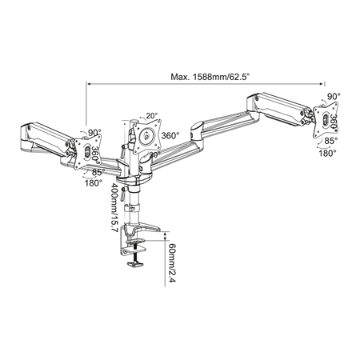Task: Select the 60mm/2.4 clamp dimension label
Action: coord(170,258)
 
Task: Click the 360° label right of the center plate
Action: coord(170,135)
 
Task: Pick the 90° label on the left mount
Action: coord(94,133)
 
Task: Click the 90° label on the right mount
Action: coord(334,94)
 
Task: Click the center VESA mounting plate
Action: coord(145,135)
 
